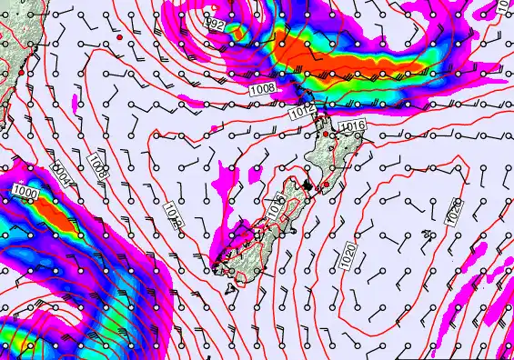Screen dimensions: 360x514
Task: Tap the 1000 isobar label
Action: [25, 194]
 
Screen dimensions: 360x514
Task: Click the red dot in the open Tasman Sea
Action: [119, 38]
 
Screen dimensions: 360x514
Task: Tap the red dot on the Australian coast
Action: [21, 72]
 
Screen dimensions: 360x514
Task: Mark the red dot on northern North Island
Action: [326, 135]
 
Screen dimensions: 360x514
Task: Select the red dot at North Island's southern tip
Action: [326, 184]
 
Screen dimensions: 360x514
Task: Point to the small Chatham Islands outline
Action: [428, 236]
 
